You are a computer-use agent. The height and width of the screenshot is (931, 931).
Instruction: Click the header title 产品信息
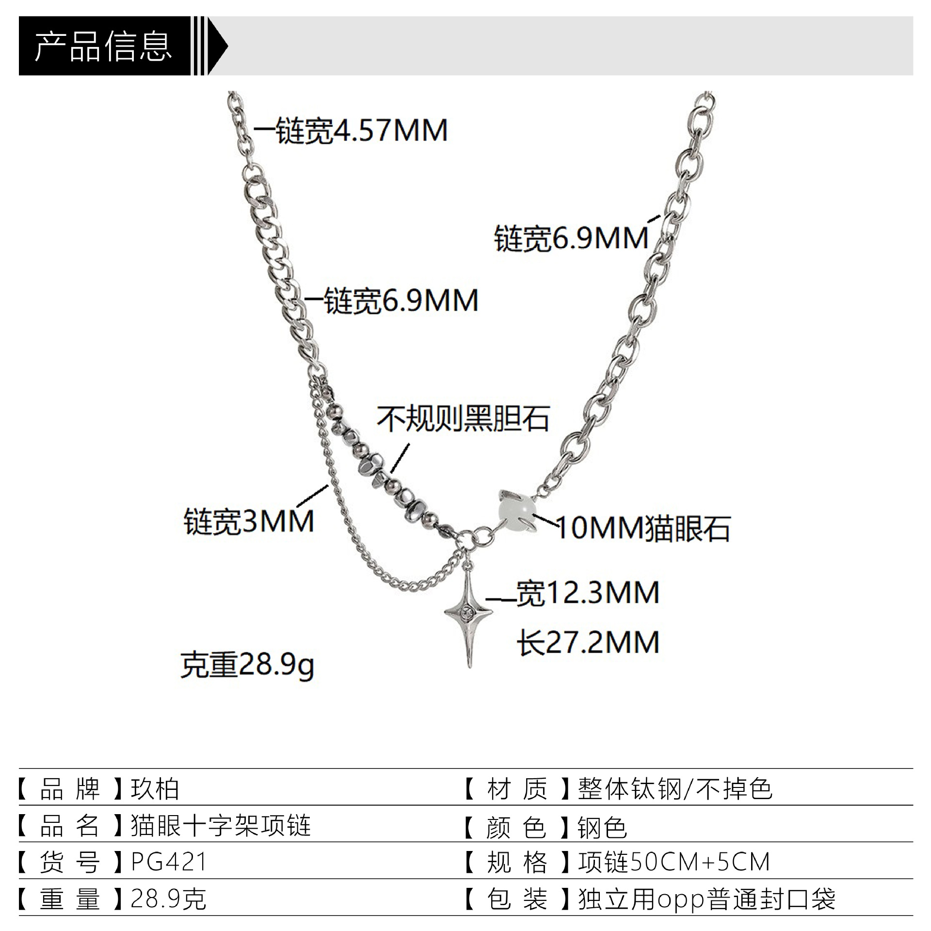click(103, 47)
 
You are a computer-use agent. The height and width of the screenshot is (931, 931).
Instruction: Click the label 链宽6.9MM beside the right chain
click(571, 238)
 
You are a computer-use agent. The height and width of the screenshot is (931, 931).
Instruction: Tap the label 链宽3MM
click(249, 521)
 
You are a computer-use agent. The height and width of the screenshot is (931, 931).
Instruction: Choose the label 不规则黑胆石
click(463, 418)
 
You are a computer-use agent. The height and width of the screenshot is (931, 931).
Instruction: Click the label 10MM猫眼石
click(643, 528)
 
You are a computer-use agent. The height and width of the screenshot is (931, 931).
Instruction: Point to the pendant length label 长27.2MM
click(588, 642)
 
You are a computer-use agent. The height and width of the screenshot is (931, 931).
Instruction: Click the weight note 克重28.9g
click(247, 664)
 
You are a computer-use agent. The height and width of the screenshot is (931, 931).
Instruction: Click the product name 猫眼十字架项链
click(221, 826)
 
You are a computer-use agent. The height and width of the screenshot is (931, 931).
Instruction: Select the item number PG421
click(169, 862)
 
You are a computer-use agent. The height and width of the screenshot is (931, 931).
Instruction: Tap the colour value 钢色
click(602, 826)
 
